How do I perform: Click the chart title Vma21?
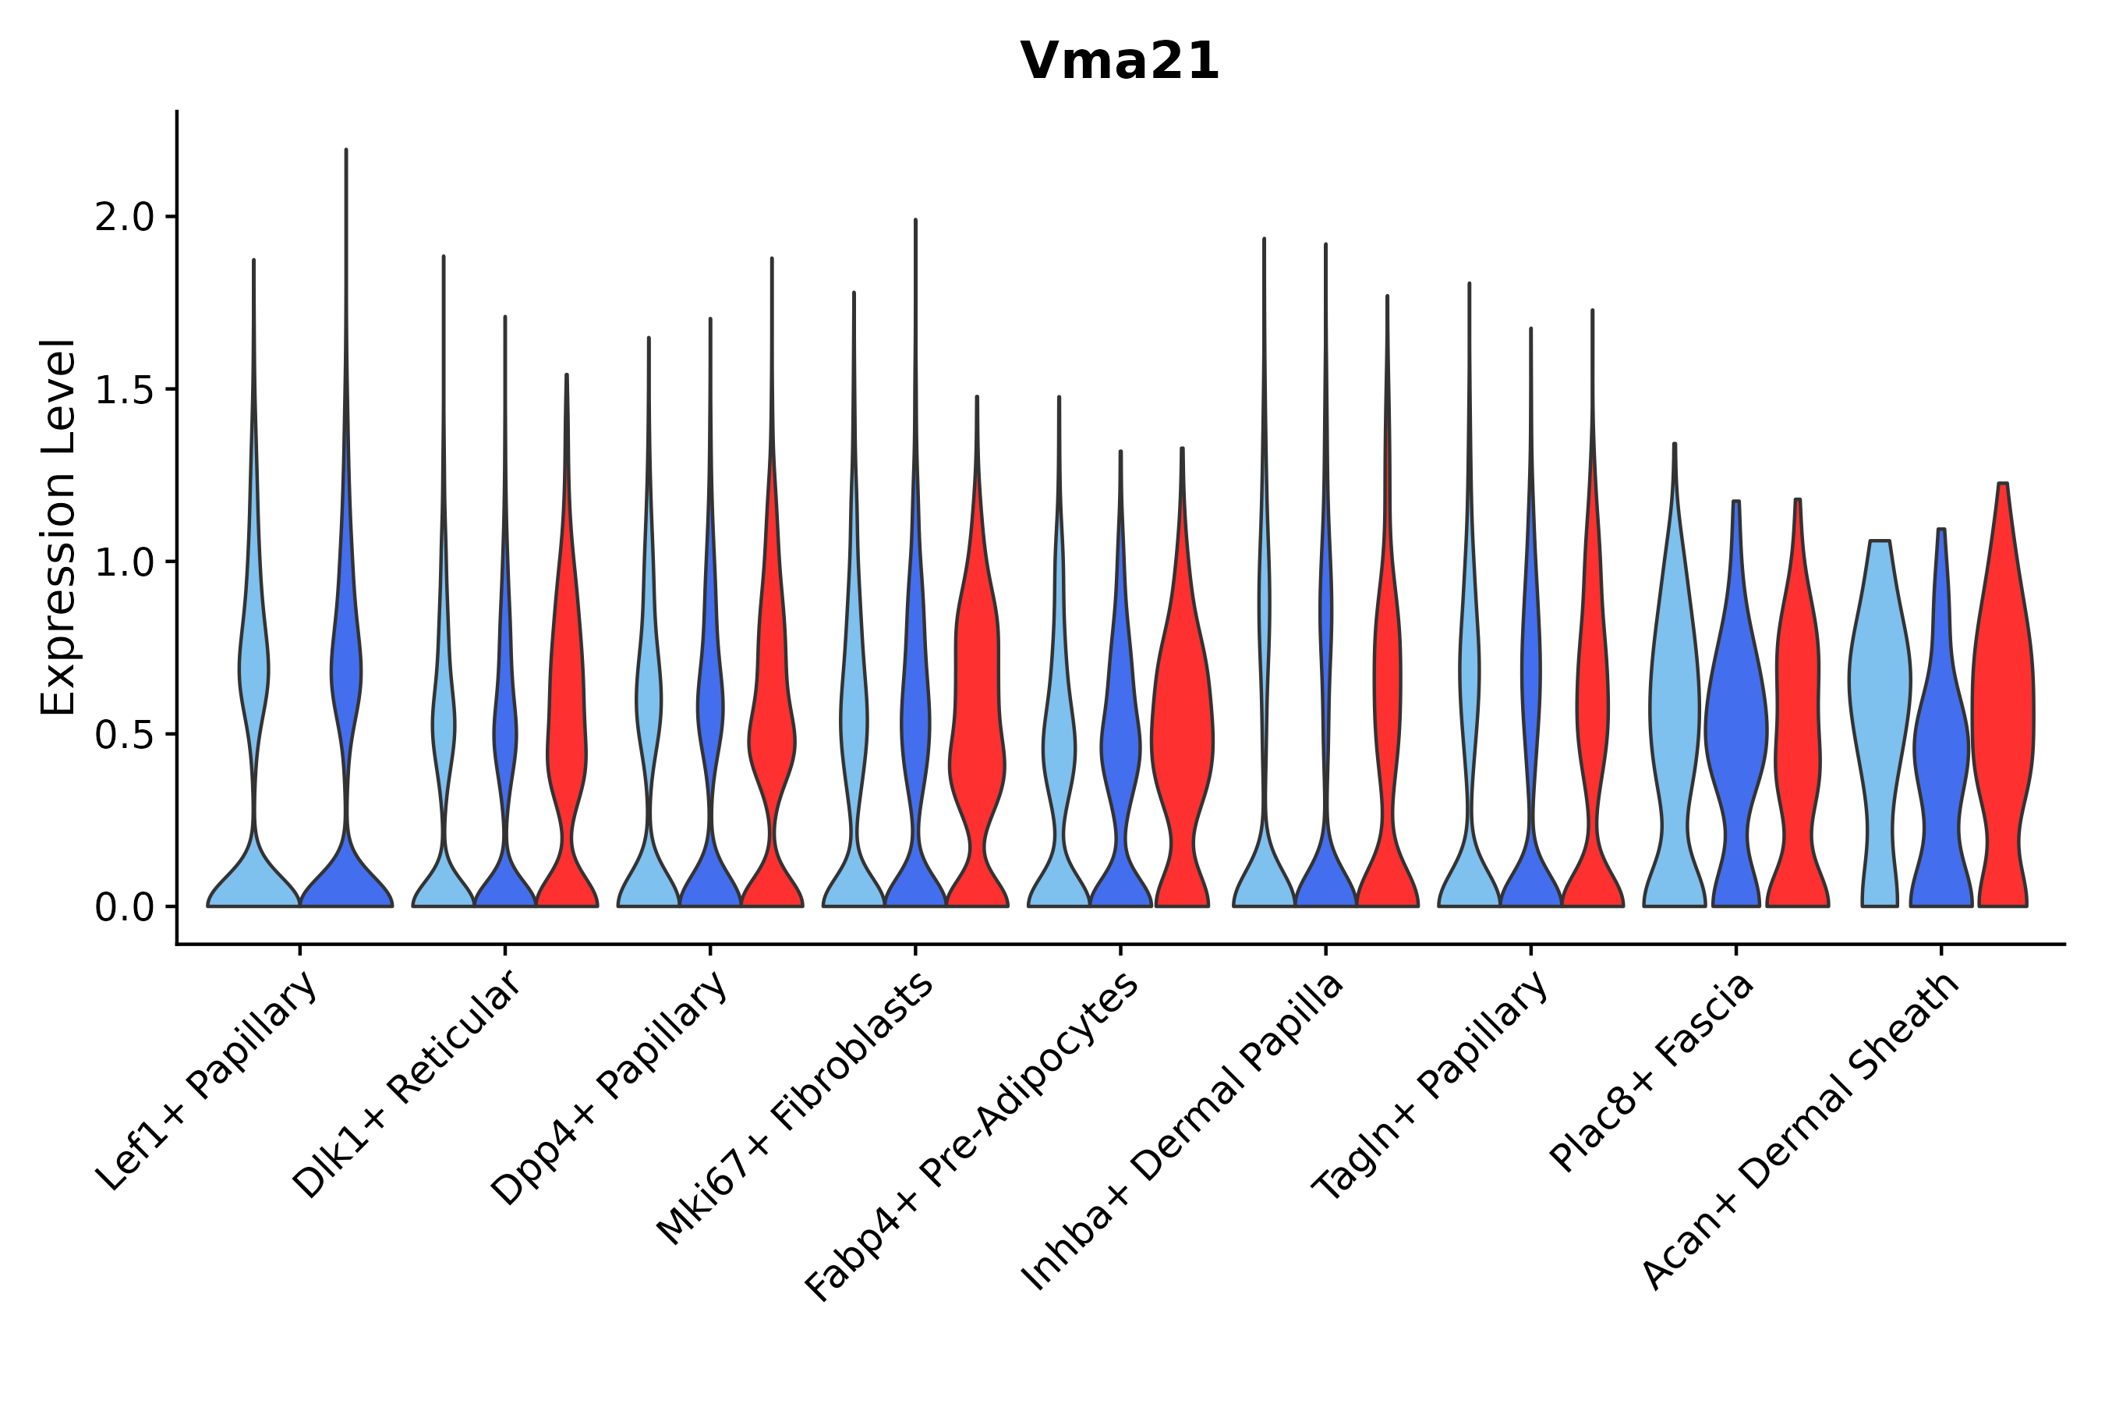pyautogui.click(x=1119, y=62)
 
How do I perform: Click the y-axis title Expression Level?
pyautogui.click(x=58, y=526)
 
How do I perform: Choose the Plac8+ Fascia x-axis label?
pyautogui.click(x=1652, y=1072)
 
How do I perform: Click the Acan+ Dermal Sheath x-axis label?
pyautogui.click(x=1801, y=1132)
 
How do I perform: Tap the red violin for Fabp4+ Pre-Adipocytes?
pyautogui.click(x=1182, y=734)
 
